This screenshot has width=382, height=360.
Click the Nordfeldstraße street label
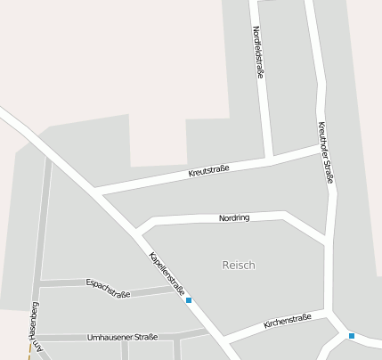257,53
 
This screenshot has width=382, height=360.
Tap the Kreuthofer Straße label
326,153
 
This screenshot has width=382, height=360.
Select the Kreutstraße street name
209,169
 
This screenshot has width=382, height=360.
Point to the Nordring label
234,217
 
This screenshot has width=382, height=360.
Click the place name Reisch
238,265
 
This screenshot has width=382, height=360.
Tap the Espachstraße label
108,288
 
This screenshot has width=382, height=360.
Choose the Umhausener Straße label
123,337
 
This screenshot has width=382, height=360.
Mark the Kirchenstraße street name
288,321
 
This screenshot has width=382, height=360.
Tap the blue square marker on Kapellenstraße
189,300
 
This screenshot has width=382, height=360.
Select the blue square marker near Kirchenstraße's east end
352,335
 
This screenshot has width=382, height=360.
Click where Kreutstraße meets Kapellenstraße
94,191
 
